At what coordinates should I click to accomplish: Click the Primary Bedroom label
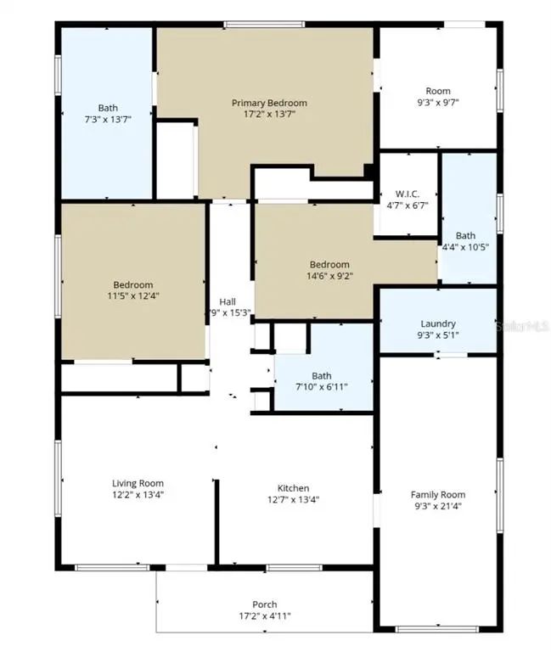pos(269,103)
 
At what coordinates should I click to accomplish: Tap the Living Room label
pos(138,483)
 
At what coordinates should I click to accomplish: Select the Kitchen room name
pos(293,488)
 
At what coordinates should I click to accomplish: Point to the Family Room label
pos(438,495)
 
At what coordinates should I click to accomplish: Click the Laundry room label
pos(438,324)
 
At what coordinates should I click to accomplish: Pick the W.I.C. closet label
pos(408,194)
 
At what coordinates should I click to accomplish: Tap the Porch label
pos(265,604)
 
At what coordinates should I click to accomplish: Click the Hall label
pos(228,302)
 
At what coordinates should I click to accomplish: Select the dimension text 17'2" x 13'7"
pos(269,114)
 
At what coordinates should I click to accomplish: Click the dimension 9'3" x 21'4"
pos(438,506)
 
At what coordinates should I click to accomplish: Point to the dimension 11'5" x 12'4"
pos(133,296)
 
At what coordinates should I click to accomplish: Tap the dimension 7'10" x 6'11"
pos(322,387)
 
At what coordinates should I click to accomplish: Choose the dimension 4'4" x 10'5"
pos(465,247)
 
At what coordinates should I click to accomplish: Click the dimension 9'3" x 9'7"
pos(438,102)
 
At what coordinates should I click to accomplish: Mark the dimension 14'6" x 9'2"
pos(329,276)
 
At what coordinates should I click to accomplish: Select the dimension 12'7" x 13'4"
pos(293,499)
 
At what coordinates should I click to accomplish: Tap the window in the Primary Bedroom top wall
pos(264,25)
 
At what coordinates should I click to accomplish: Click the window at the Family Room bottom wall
pos(437,629)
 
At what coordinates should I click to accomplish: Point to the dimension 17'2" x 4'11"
pos(265,615)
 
